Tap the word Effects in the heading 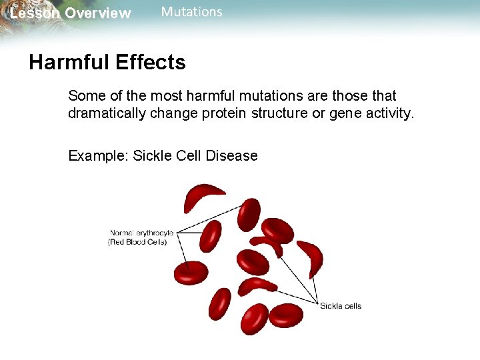click(x=151, y=63)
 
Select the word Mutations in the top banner click(x=192, y=12)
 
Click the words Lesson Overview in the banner click(x=71, y=13)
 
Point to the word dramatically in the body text click(x=107, y=114)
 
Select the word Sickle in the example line click(x=153, y=156)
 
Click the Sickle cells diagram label click(x=341, y=306)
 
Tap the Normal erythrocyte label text click(x=141, y=233)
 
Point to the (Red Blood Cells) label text click(x=137, y=242)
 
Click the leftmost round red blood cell click(x=191, y=272)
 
